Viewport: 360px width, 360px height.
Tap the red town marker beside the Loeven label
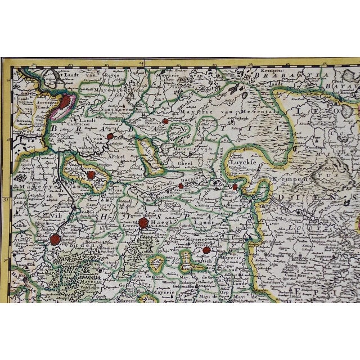click(x=143, y=223)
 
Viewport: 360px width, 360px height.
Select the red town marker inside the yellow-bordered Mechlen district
click(x=91, y=175)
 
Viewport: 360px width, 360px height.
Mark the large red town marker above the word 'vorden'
click(x=55, y=240)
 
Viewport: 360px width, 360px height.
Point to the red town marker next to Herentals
click(x=165, y=121)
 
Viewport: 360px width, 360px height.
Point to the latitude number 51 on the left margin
click(x=6, y=197)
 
